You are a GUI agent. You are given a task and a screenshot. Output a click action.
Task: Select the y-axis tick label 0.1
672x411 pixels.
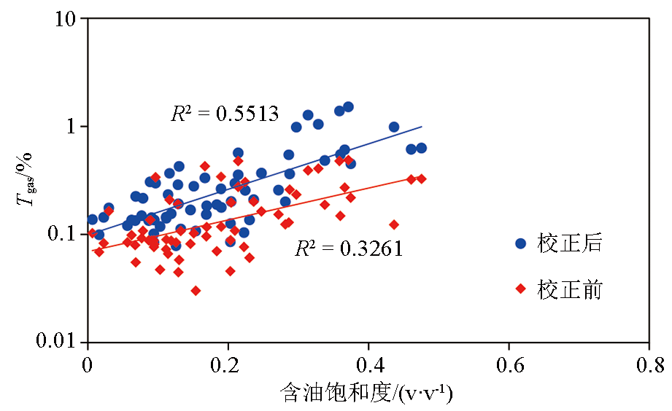coord(63,234)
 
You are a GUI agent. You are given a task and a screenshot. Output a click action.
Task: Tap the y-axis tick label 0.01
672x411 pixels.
coord(57,341)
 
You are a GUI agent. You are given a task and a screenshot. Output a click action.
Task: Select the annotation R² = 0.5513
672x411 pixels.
coord(225,114)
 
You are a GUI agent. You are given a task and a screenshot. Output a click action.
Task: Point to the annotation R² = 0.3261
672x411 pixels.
coord(349,249)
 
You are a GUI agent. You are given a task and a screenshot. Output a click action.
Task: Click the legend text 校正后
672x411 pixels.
coord(570,243)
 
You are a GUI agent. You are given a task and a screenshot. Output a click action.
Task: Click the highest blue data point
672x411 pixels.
coord(348,106)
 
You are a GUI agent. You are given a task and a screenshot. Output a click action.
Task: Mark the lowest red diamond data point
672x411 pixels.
coord(196,290)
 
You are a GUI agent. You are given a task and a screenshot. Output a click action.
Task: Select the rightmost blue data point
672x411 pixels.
coord(421,148)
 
